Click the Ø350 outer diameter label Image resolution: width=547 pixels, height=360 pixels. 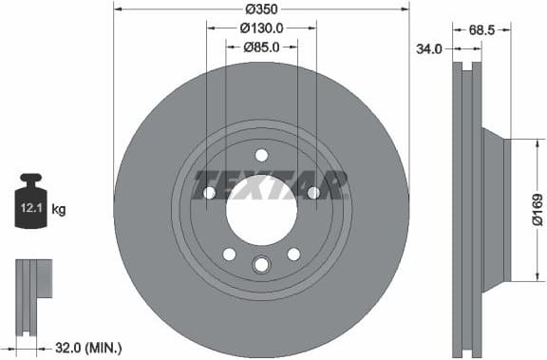[x=261, y=8]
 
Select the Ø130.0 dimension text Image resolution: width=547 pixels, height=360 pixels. [x=261, y=28]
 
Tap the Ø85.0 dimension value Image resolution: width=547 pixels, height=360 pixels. [x=261, y=46]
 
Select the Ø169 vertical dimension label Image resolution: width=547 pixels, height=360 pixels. [x=537, y=209]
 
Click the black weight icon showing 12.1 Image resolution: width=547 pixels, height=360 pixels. [x=32, y=203]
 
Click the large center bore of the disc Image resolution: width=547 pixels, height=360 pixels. [x=261, y=208]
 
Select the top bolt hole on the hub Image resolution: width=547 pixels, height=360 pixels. [x=261, y=156]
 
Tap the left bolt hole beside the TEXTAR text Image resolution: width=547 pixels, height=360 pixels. [x=209, y=193]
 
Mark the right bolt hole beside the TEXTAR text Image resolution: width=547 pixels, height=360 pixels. [x=313, y=193]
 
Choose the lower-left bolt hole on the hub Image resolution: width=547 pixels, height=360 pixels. [x=229, y=254]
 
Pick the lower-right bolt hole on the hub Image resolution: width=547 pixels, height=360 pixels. [x=293, y=254]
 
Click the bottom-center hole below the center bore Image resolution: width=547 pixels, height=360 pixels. [x=261, y=266]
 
